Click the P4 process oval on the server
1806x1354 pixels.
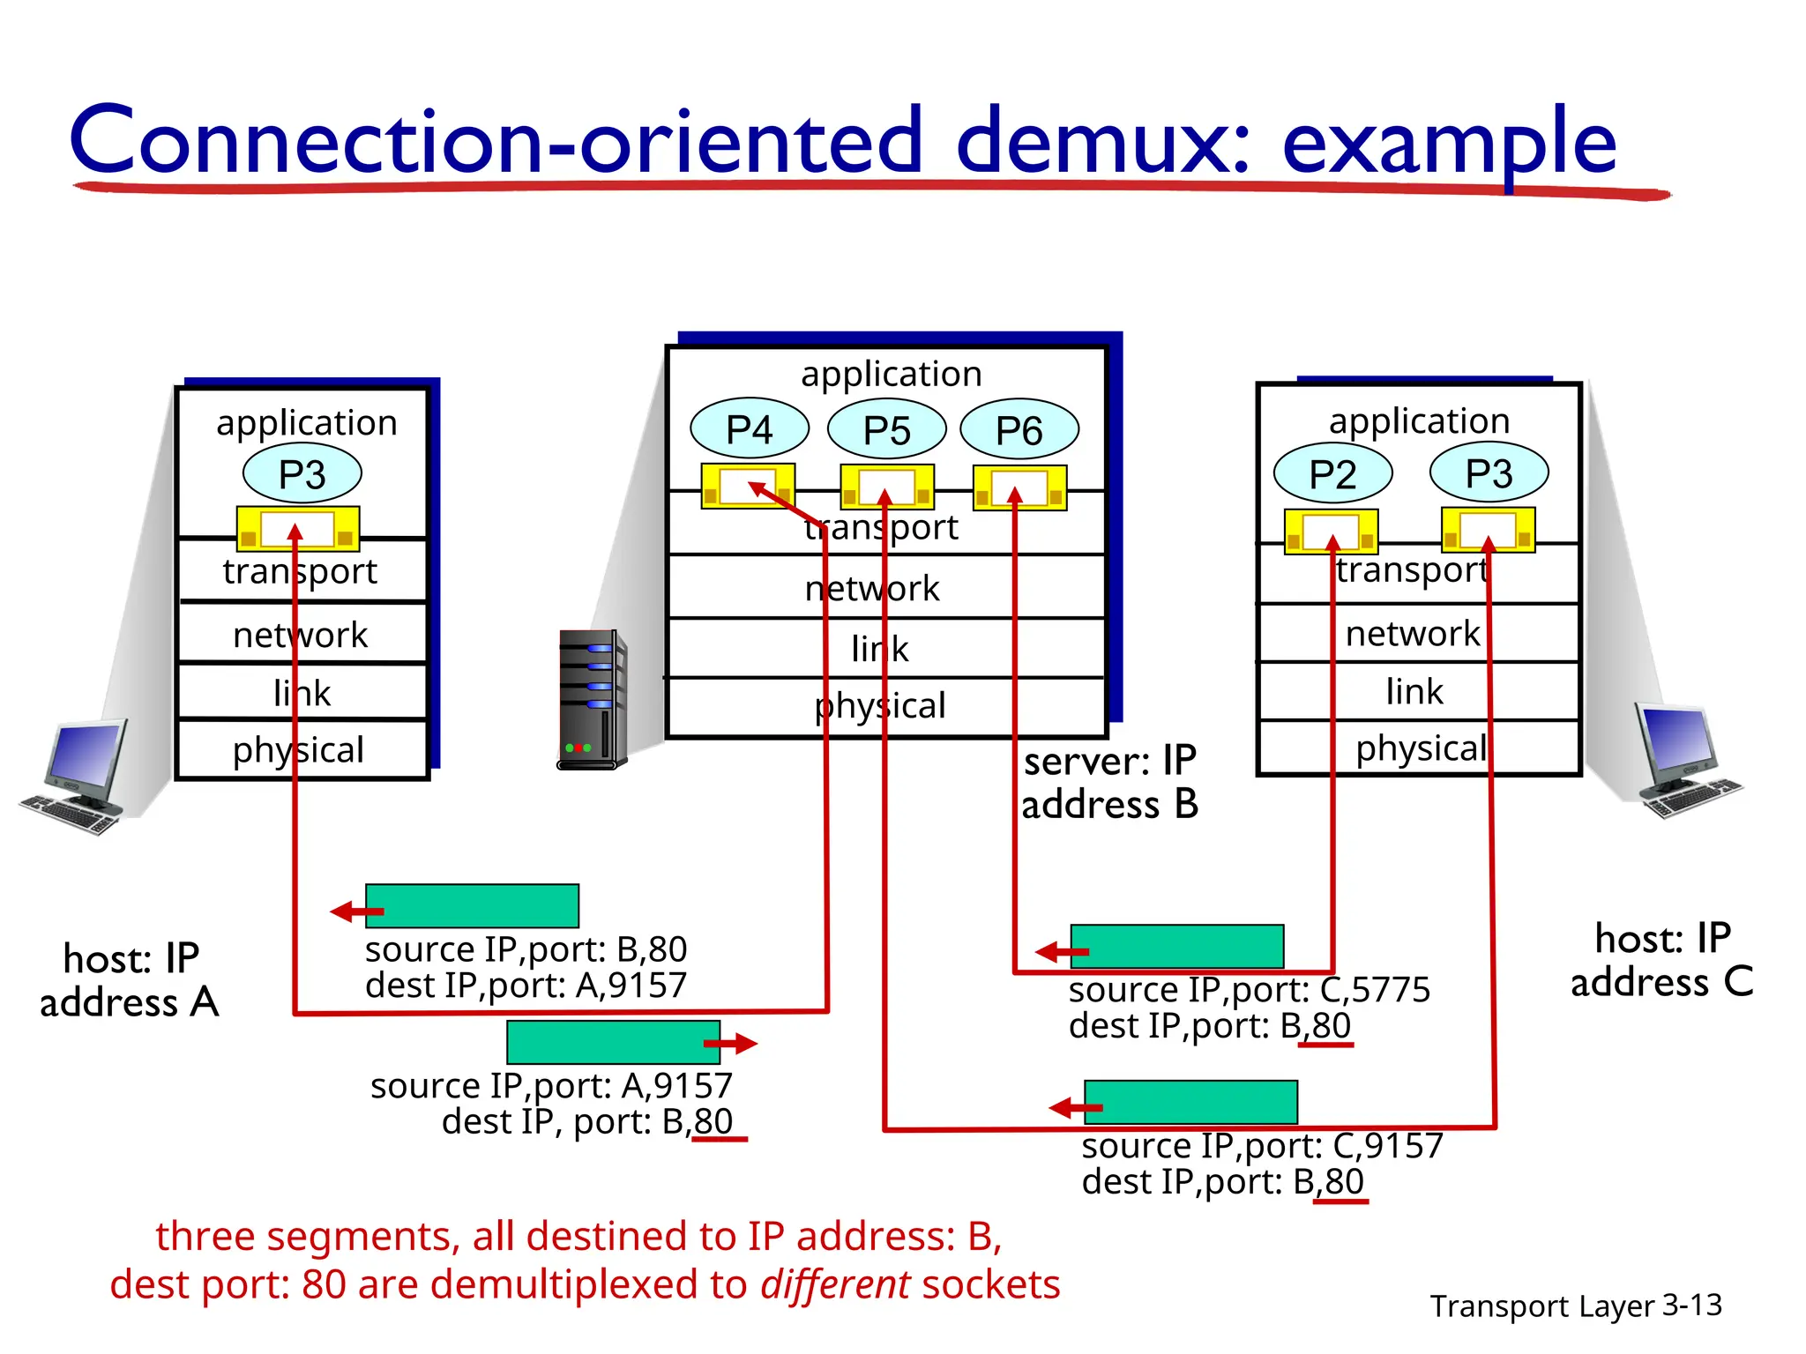749,429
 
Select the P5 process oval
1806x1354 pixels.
886,430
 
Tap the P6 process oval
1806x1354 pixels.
1019,430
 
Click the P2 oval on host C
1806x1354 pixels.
1332,474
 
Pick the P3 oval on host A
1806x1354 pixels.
302,474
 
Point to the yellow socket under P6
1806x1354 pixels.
1019,487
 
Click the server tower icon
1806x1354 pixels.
593,700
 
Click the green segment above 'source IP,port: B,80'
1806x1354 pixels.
472,905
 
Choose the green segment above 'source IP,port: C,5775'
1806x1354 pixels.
1176,947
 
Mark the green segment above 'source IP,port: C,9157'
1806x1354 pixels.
1190,1102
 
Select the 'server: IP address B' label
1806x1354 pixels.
1109,783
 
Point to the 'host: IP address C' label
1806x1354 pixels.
1662,960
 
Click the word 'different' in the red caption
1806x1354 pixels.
835,1284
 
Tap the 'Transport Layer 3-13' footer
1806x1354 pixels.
1575,1306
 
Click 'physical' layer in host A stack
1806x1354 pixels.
300,750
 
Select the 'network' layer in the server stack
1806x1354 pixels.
873,588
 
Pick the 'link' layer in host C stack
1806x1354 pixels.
1414,691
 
